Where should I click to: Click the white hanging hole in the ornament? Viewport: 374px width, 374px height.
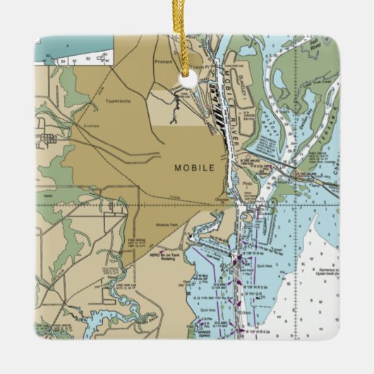coord(188,80)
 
